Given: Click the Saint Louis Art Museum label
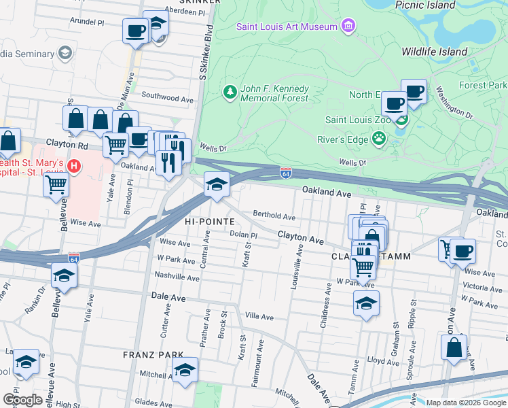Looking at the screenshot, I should coord(287,27).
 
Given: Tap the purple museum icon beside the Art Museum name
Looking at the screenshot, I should coord(348,27).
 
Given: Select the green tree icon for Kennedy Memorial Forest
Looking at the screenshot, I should coord(230,92).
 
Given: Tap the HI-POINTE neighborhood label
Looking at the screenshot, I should coord(209,222).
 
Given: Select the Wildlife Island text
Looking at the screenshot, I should coord(434,52).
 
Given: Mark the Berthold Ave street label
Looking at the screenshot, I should coord(274,216).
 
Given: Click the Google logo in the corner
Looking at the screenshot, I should coord(22,400).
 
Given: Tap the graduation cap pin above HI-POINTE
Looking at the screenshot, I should coord(217,184).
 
